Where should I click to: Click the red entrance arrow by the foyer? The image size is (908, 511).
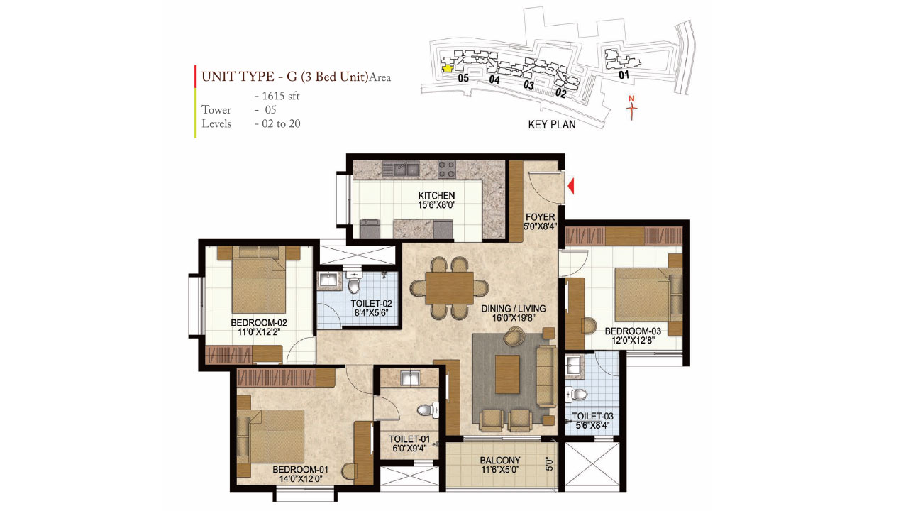(x=572, y=187)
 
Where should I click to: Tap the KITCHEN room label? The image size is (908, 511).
(x=436, y=196)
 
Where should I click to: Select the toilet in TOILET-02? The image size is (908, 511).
(x=355, y=285)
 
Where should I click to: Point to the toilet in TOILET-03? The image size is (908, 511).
(x=580, y=394)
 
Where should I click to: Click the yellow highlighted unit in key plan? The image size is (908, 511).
(x=447, y=68)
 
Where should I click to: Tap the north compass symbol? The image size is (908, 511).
(x=631, y=108)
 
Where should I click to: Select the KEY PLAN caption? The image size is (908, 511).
(x=552, y=124)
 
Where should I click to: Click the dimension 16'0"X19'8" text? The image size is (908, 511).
(x=514, y=319)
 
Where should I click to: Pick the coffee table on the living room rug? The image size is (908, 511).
(x=508, y=374)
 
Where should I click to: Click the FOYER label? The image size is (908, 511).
(x=540, y=217)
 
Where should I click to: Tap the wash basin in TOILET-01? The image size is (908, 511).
(x=411, y=378)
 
